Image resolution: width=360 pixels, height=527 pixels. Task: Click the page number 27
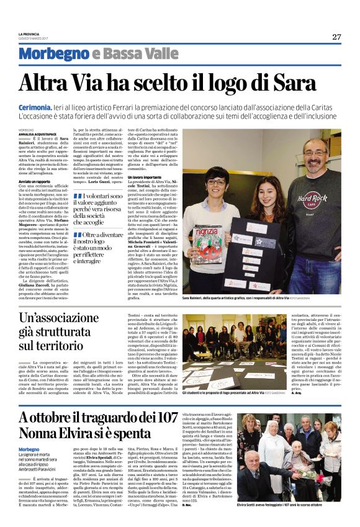click(x=336, y=37)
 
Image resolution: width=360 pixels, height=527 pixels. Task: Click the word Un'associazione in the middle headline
click(x=66, y=319)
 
